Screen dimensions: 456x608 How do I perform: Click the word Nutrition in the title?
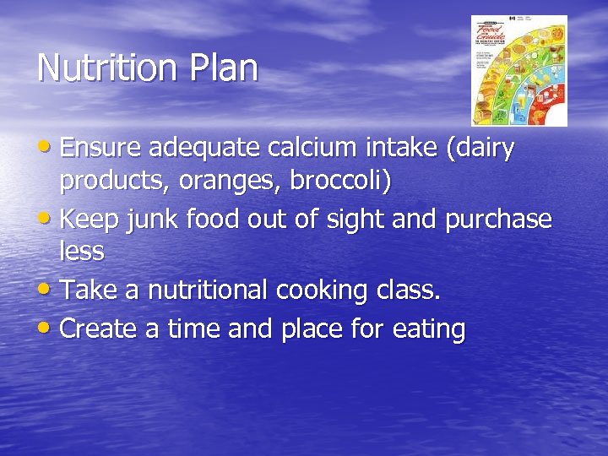[101, 68]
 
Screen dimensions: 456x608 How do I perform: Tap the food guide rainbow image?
[518, 71]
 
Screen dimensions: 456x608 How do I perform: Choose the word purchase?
[499, 220]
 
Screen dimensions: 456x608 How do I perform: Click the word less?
[82, 251]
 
